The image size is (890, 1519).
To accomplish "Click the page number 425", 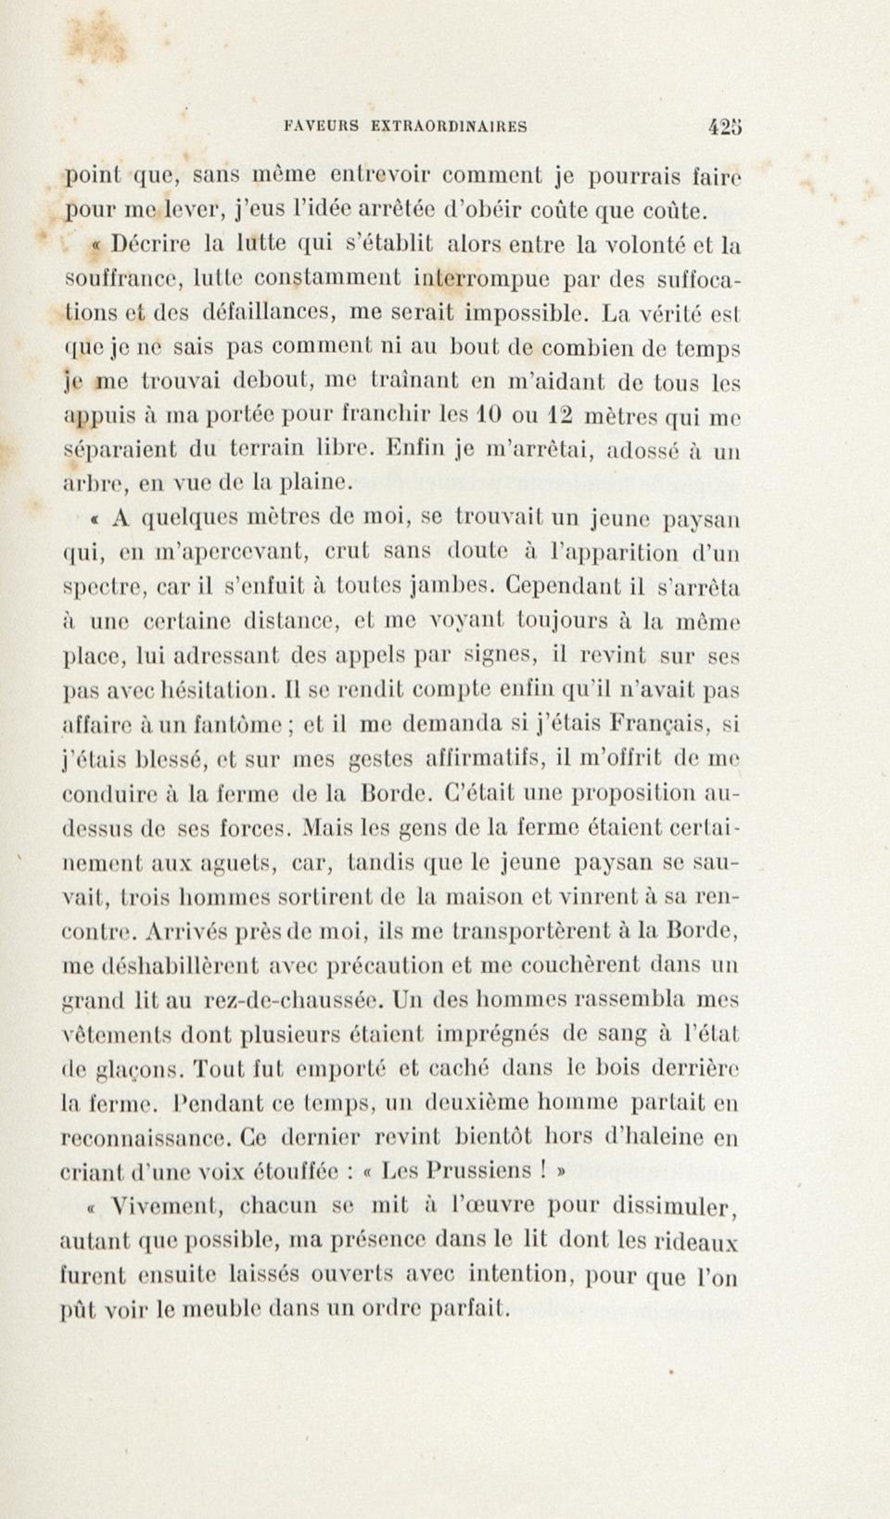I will pos(725,127).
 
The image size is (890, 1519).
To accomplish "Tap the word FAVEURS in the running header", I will pos(321,127).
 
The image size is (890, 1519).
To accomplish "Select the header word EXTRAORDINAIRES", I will pos(449,127).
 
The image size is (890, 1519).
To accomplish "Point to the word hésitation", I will pos(220,690).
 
